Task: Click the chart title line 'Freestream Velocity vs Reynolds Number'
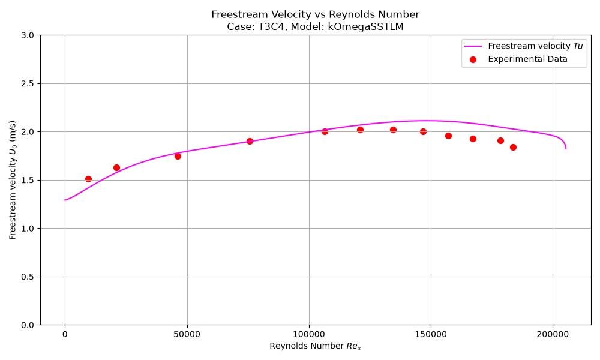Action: [x=316, y=14]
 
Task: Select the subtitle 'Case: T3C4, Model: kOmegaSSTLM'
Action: [x=316, y=27]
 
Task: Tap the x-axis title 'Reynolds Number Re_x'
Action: [x=316, y=346]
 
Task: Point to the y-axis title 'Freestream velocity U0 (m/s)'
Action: [x=13, y=180]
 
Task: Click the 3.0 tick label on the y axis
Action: [x=28, y=35]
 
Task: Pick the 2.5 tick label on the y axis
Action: [x=28, y=84]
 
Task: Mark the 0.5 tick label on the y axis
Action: [x=28, y=277]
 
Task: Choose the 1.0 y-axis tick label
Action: [x=28, y=229]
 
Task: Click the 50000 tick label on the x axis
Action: [x=187, y=334]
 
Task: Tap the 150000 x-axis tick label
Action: [x=431, y=334]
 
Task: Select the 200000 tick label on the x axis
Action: [x=553, y=334]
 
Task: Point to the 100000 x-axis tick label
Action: [x=309, y=334]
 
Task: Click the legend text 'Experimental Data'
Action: [x=527, y=59]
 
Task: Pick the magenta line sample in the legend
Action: [x=473, y=46]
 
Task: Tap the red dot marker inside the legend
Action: [x=473, y=59]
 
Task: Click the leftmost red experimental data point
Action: [x=88, y=179]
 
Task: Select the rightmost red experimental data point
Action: [x=513, y=147]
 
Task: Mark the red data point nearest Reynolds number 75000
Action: [x=250, y=141]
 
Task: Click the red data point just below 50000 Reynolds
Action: [x=178, y=156]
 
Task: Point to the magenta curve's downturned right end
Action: [x=566, y=148]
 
